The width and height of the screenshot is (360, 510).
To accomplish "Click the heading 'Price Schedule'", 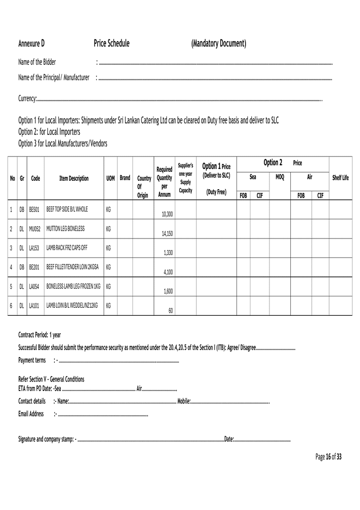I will tap(112, 44).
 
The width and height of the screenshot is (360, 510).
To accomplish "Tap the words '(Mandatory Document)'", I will tap(219, 44).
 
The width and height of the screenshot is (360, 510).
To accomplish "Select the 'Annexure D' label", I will tap(31, 44).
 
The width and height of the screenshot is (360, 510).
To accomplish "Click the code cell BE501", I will tap(34, 210).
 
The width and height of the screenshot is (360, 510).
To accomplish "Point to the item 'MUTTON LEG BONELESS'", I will tap(65, 229).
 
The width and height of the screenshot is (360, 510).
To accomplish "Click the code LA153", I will tap(34, 248).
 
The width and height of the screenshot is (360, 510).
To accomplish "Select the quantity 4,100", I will tap(168, 272).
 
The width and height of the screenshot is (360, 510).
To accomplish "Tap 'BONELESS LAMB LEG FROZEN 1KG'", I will tap(73, 286).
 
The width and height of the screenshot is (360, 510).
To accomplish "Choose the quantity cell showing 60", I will tap(170, 311).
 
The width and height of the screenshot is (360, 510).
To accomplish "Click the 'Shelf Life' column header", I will tap(340, 178).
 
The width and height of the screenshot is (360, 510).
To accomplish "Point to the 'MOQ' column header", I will tap(279, 177).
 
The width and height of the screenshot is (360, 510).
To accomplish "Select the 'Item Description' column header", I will tap(74, 178).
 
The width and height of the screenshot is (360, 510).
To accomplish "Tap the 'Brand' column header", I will tap(125, 178).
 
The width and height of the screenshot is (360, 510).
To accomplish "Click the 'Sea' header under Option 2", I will tap(253, 177).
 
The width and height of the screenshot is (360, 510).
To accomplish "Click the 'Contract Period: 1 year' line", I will tap(39, 335).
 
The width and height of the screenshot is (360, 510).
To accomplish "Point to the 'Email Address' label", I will tap(31, 414).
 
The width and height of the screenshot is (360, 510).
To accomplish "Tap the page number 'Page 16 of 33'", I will tap(329, 457).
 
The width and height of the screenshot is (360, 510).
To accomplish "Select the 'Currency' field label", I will tap(27, 99).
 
